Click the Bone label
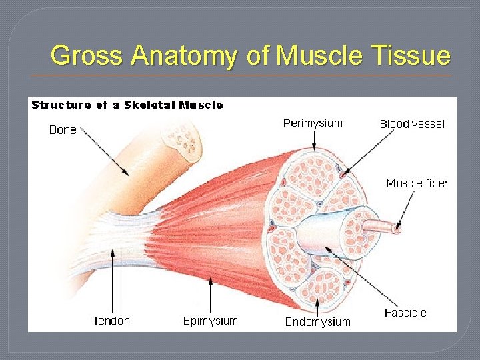(63, 130)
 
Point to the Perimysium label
(313, 123)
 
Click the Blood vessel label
(411, 124)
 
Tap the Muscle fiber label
(417, 183)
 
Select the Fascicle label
(405, 313)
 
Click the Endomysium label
(317, 322)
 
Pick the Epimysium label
(210, 321)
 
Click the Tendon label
(112, 321)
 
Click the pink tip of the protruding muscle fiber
(397, 230)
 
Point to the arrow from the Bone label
(105, 151)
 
